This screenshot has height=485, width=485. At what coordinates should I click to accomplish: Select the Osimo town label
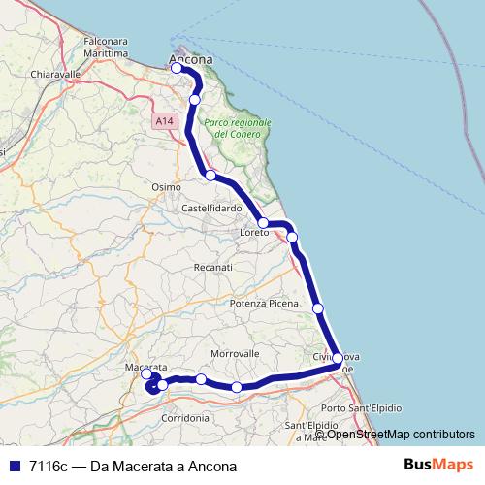(167, 186)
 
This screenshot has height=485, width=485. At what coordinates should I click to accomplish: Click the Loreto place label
(256, 234)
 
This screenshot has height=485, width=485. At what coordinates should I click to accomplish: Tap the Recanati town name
(213, 267)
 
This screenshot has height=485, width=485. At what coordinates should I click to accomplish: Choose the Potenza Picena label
(264, 304)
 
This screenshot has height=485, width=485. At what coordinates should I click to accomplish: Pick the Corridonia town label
(184, 418)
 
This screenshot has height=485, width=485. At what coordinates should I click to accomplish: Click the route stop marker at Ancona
(177, 68)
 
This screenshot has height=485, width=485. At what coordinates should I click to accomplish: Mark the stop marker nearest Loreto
(263, 223)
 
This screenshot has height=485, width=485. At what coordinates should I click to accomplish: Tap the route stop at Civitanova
(337, 359)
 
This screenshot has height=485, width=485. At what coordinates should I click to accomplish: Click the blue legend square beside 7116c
(14, 466)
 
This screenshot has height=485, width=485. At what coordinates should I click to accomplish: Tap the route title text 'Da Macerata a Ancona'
(163, 466)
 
